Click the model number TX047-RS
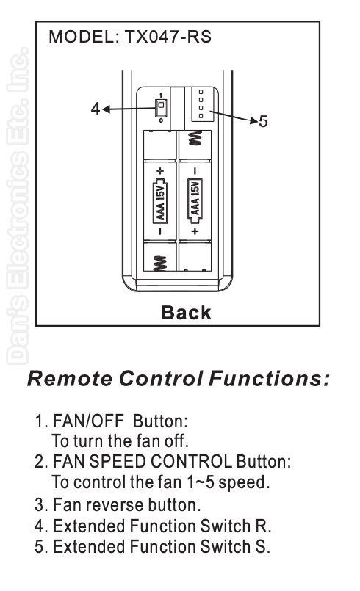168,37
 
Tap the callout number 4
96,109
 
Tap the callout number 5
263,121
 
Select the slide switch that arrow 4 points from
161,107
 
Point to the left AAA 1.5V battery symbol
160,201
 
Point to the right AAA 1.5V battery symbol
195,201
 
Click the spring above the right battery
195,138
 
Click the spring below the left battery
160,264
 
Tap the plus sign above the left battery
160,171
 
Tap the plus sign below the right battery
195,231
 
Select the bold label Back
186,313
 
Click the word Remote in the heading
70,378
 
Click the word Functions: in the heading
269,378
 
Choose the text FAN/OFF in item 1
88,421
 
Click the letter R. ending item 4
264,526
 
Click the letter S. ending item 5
263,546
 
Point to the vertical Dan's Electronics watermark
18,206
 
